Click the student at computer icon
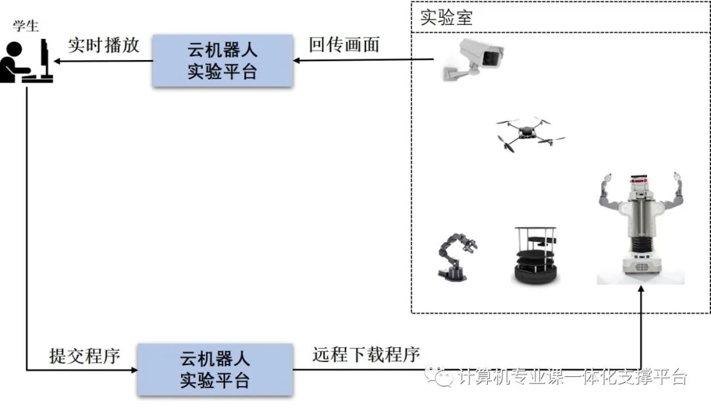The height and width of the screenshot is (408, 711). pos(26,61)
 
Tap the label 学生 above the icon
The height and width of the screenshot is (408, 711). pos(26,27)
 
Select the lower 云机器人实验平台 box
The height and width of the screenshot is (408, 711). pos(215,370)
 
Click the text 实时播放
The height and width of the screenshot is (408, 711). pos(103,45)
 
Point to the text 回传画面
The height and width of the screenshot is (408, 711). pos(344,45)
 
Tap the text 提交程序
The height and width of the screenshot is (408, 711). pos(85,356)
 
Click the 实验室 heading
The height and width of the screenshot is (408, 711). pos(446,18)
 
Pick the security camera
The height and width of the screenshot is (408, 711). pos(475,58)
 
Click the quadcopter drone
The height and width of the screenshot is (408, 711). pos(530,133)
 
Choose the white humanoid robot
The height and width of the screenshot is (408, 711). pos(641,227)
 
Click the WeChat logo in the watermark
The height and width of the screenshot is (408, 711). pos(439,376)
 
